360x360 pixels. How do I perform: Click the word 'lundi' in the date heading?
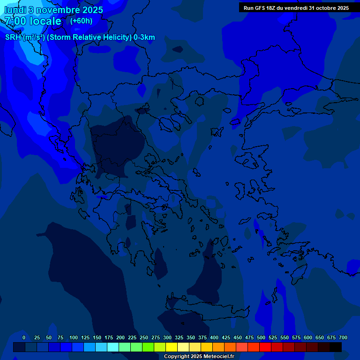pos(15,10)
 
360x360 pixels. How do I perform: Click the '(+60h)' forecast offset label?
pos(81,21)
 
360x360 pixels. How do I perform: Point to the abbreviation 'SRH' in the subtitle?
pos(13,37)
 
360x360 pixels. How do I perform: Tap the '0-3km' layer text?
pos(144,37)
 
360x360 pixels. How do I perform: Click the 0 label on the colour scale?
pos(24,337)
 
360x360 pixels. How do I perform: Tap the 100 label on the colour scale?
pos(74,337)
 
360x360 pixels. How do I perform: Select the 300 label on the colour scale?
pos(167,337)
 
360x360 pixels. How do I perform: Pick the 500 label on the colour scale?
pos(261,337)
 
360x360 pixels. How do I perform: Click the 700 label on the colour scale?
pos(343,337)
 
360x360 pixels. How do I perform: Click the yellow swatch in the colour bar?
pos(172,347)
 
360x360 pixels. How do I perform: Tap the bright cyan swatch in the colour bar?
pos(113,347)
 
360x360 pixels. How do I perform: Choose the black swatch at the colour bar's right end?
pos(336,347)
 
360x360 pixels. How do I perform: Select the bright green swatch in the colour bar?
pos(148,347)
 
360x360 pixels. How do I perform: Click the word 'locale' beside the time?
pos(45,21)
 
